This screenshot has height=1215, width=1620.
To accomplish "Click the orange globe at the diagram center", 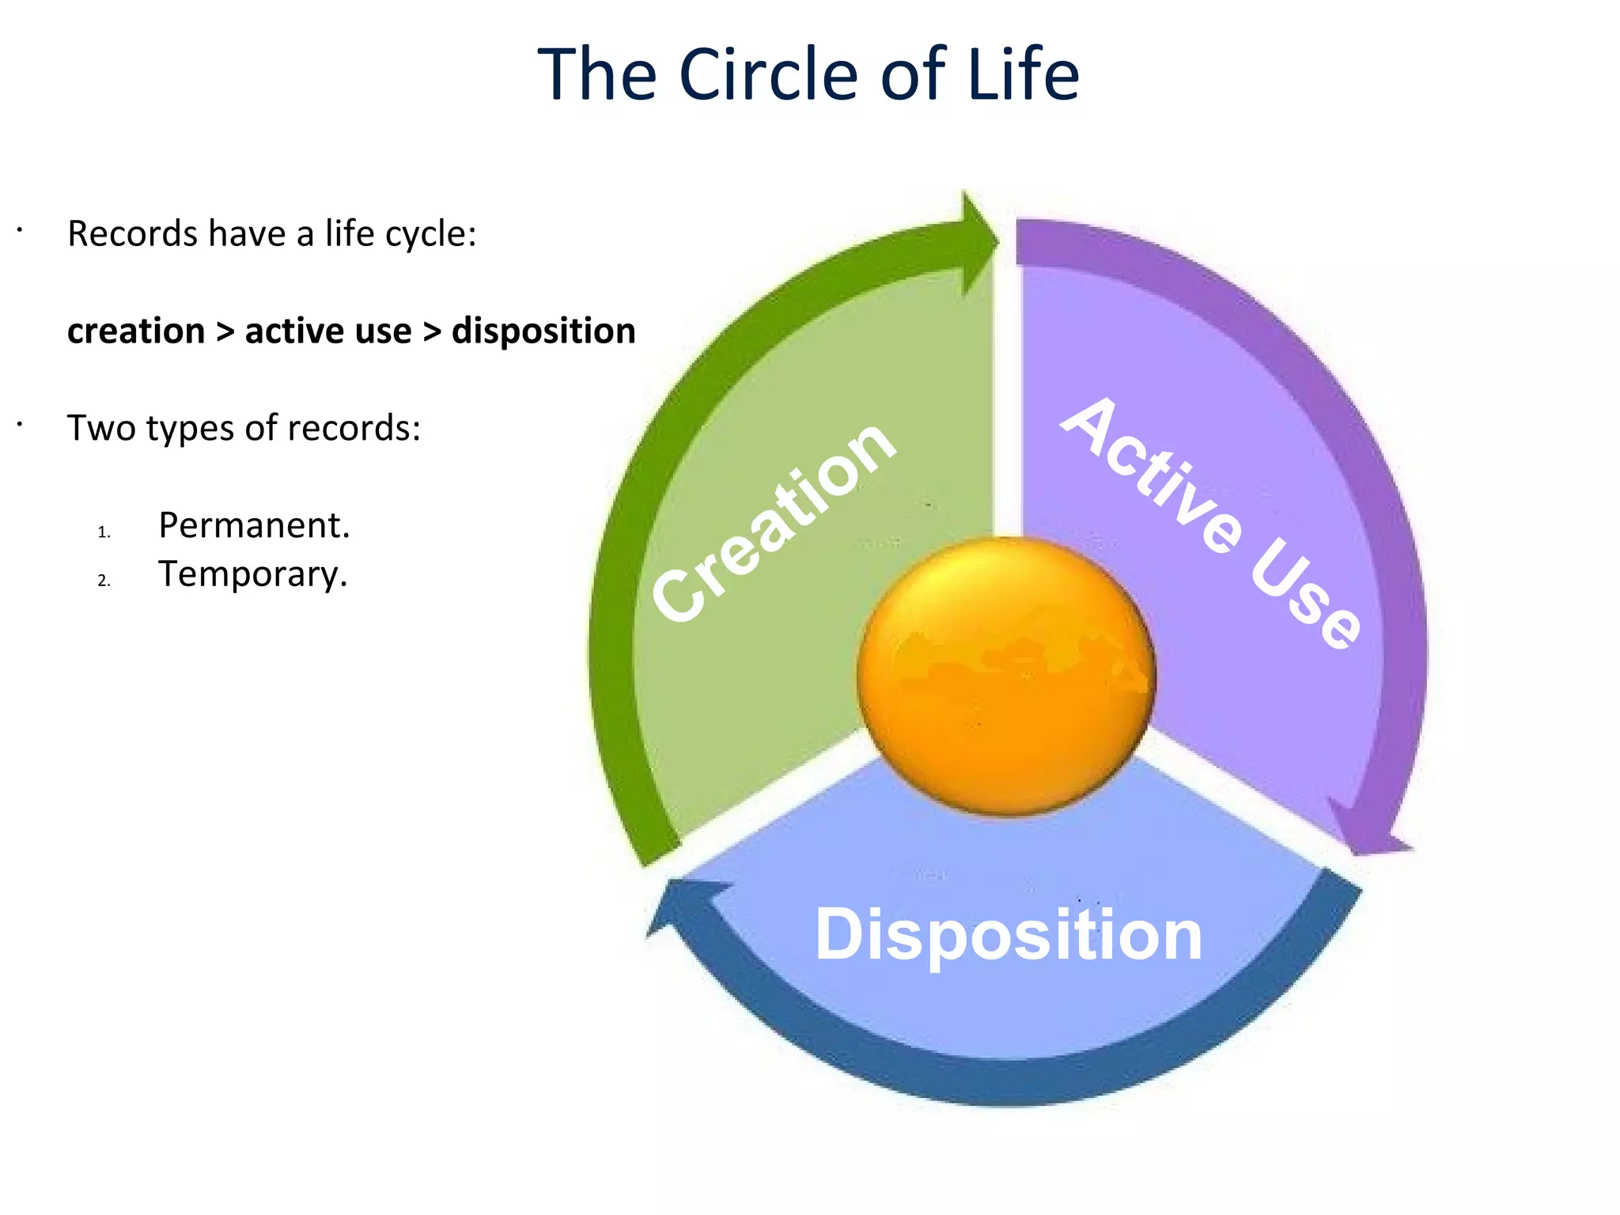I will pyautogui.click(x=1006, y=676).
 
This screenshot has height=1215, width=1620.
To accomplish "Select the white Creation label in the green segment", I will pyautogui.click(x=774, y=522).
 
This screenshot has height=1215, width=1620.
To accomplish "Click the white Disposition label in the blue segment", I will pyautogui.click(x=1008, y=935).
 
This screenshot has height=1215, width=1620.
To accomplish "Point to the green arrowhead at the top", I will pyautogui.click(x=978, y=242).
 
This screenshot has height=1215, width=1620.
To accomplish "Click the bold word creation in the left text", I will pyautogui.click(x=136, y=331).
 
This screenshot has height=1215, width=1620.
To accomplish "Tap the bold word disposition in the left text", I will pyautogui.click(x=543, y=331).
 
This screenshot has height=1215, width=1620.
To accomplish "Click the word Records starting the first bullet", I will pyautogui.click(x=132, y=234).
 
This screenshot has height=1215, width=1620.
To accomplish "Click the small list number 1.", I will pyautogui.click(x=104, y=532).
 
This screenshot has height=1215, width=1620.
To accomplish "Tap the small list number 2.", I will pyautogui.click(x=104, y=581).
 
